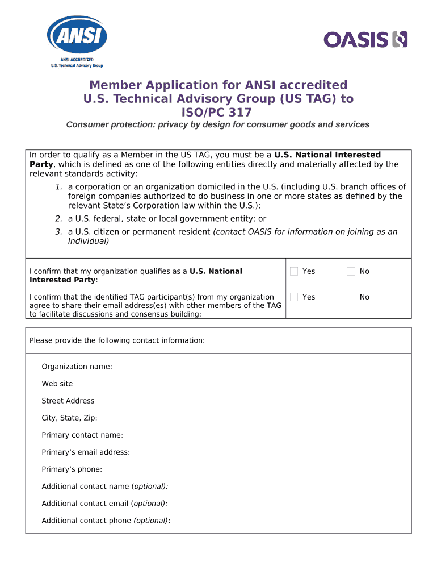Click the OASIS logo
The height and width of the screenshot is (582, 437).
pos(365,39)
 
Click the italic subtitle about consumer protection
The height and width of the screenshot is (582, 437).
pos(218,124)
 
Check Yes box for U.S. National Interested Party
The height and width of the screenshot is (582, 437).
pos(294,272)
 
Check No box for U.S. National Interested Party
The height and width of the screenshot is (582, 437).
pos(351,272)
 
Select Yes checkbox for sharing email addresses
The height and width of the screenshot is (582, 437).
pos(294,297)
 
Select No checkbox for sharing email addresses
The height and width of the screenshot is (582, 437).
pos(351,297)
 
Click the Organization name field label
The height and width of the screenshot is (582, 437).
pos(77,367)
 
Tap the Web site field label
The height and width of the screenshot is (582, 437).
pos(57,384)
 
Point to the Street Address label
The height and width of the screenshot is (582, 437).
pos(68,401)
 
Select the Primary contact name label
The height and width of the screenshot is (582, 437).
pos(82,435)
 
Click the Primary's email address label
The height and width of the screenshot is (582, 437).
pos(86,452)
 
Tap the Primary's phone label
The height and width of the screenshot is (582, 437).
pos(72,469)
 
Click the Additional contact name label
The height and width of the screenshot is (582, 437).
pos(105,487)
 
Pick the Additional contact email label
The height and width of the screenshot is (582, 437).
pos(104,504)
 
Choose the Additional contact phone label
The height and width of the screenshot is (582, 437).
pos(106,521)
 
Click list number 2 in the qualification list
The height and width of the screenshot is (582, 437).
pos(58,218)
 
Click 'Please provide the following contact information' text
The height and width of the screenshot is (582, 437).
pos(117,340)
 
